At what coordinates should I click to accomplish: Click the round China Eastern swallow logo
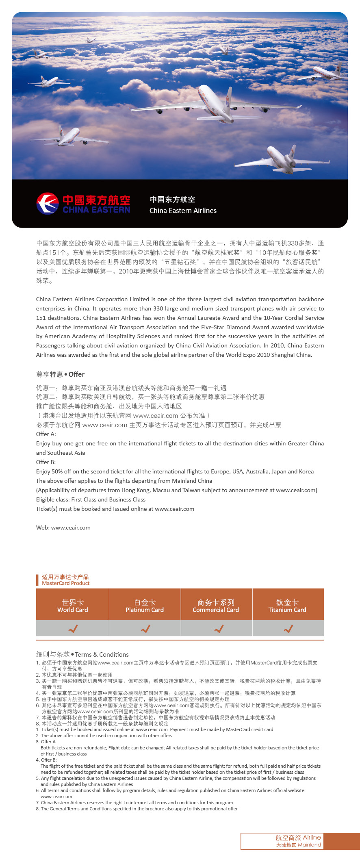[48, 204]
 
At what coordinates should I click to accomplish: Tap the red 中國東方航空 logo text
[96, 200]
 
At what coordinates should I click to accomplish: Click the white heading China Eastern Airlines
[183, 211]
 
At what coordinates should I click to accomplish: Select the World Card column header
[73, 606]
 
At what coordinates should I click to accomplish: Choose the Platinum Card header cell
[145, 606]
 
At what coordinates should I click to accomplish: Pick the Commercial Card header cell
[216, 606]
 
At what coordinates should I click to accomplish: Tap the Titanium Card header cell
[287, 606]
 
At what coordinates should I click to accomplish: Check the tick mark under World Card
[73, 629]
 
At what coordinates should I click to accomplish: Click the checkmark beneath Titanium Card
[288, 629]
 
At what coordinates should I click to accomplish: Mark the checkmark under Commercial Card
[219, 629]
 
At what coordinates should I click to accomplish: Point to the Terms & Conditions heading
[82, 654]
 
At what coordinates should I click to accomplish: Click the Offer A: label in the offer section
[46, 434]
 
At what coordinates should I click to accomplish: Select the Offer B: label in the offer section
[46, 462]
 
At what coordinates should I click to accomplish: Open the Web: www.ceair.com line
[63, 528]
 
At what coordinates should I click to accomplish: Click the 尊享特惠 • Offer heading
[60, 374]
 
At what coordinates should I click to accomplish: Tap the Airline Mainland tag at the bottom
[298, 841]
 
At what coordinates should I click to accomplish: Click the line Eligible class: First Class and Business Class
[91, 499]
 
